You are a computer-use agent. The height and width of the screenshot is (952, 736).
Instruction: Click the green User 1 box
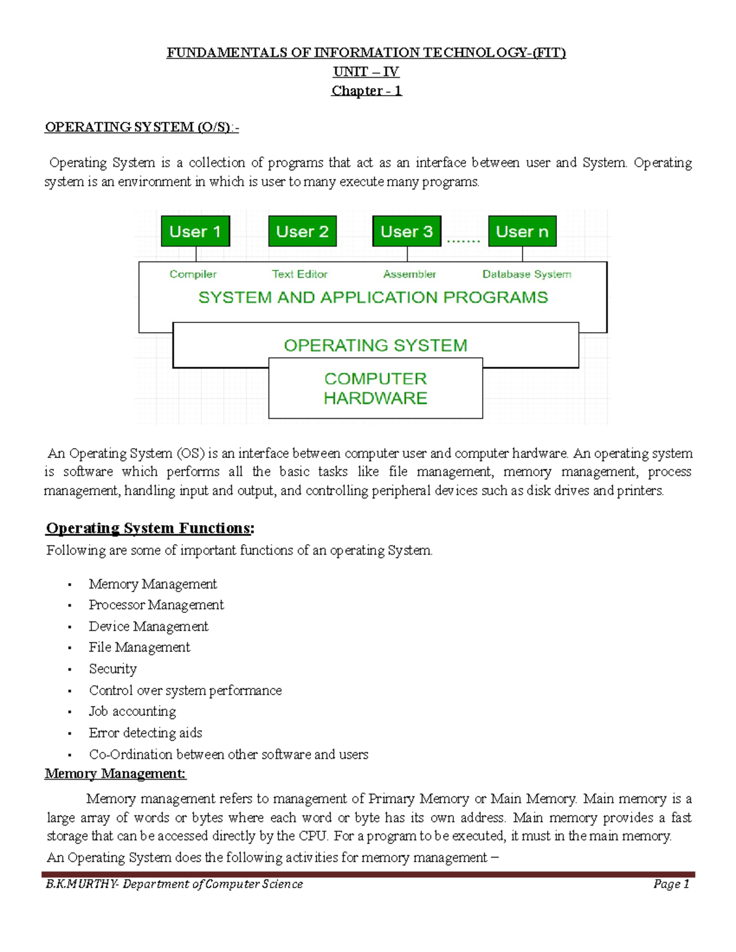(195, 231)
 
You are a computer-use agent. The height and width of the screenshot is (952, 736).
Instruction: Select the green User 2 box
(302, 231)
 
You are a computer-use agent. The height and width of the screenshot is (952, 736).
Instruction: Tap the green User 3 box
(407, 231)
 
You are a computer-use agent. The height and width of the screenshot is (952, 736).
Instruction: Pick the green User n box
(522, 231)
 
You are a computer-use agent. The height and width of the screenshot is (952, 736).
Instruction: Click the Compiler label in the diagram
(193, 274)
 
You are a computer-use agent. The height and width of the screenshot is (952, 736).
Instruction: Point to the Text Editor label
(300, 274)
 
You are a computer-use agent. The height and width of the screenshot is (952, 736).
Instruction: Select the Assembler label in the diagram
(409, 274)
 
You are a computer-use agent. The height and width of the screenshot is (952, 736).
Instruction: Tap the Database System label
(526, 274)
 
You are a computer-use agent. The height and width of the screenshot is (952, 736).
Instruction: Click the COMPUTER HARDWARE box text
(375, 388)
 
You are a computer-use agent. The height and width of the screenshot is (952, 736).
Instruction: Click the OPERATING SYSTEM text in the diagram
(375, 345)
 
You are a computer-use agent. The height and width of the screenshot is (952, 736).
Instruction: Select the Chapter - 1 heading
(366, 91)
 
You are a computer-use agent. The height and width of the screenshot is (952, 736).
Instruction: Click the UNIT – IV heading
(366, 72)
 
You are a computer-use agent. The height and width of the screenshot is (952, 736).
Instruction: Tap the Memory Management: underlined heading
(115, 774)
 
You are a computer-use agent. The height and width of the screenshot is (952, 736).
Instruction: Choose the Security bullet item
(113, 669)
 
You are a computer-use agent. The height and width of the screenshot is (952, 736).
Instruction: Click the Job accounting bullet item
(132, 711)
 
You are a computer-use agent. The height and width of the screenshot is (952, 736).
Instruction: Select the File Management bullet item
(139, 647)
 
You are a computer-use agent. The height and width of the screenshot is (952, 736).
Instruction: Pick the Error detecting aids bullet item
(145, 733)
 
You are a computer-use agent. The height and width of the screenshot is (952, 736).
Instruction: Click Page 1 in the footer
(671, 883)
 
